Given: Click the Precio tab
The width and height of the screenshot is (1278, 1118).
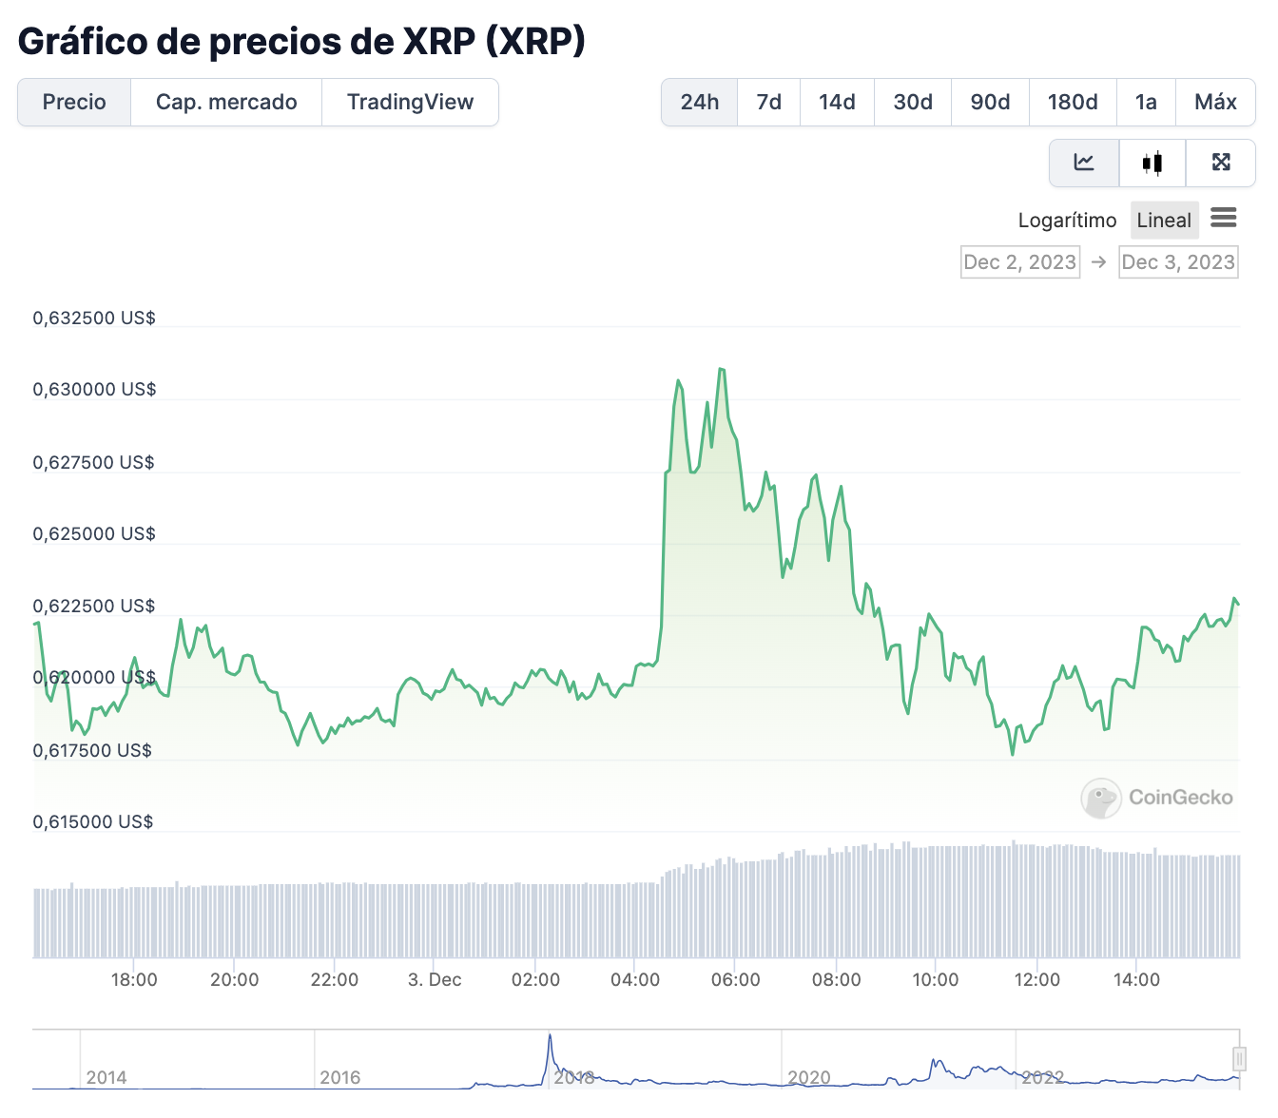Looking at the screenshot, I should [x=74, y=103].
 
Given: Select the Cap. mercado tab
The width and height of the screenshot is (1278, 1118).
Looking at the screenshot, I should [x=226, y=103].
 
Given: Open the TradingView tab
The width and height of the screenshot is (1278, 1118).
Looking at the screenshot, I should [x=410, y=103].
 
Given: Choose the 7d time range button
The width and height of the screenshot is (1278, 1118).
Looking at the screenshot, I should [x=768, y=103].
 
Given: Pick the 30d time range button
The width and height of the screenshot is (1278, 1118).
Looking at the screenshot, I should [x=913, y=103].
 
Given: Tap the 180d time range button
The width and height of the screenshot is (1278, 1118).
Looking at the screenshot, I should [x=1073, y=103].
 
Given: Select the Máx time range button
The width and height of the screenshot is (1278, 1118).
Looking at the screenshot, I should [x=1215, y=103].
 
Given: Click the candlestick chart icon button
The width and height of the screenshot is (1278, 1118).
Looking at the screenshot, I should [x=1152, y=164].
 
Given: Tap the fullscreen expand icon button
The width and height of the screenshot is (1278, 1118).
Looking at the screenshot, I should [x=1221, y=164].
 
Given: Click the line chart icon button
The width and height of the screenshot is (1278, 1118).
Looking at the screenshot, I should [x=1084, y=164].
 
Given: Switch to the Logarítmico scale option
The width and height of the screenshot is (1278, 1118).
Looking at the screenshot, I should [x=1067, y=221].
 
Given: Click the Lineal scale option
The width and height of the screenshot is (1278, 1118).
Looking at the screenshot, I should [x=1164, y=221].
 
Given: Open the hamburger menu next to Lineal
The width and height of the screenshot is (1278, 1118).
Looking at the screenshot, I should [x=1224, y=219].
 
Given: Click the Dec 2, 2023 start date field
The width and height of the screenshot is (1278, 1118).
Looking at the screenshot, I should [x=1020, y=262].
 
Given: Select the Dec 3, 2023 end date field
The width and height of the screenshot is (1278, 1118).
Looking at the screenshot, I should [x=1178, y=262].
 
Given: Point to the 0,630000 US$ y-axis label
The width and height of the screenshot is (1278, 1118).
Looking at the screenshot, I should [x=94, y=390].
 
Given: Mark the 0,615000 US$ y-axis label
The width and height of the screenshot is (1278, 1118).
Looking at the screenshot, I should [x=93, y=822].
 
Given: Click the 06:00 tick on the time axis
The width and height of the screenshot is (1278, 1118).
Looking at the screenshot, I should [x=735, y=980].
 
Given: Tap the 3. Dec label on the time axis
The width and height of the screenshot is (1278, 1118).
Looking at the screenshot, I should [x=435, y=980].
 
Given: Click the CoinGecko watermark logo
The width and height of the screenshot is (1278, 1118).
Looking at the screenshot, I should [x=1157, y=798].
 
